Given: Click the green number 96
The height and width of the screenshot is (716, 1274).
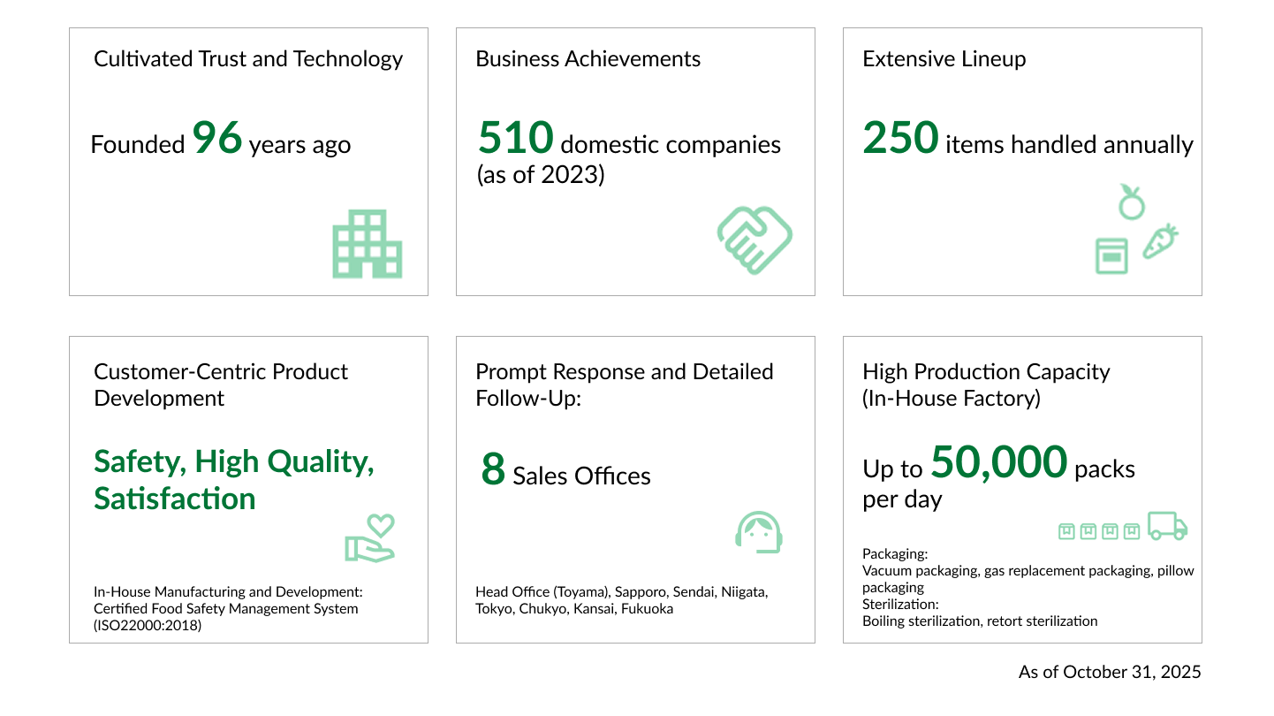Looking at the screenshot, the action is pos(217,137).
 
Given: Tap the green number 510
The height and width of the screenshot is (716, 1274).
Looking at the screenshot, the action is pos(515,137).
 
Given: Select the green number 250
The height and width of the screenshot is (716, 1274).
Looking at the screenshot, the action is pos(900,137).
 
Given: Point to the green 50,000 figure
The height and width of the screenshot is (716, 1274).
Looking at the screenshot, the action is pos(998,461).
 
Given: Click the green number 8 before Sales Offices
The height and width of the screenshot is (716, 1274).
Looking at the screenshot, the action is pos(493,469).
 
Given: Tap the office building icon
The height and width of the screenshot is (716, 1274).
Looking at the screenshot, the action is pos(368,244).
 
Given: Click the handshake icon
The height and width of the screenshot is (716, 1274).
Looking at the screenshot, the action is pos(755,240).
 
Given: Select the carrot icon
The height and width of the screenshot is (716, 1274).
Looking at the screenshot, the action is pos(1160,241).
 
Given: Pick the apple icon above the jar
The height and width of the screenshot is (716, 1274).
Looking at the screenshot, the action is pos(1131,202).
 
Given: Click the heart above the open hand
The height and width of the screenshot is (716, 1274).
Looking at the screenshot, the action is pos(381,525).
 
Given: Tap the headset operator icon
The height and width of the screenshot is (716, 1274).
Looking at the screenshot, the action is pos(759,532).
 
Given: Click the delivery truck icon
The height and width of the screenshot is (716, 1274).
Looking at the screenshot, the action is pos(1168,525).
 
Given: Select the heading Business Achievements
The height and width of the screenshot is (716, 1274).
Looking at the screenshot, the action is pos(588,58).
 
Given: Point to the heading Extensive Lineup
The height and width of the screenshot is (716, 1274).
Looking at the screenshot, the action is pos(944,58).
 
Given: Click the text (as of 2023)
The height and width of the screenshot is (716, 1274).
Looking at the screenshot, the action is pos(541,175).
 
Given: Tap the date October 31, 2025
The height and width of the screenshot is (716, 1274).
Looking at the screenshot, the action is pos(1132,672).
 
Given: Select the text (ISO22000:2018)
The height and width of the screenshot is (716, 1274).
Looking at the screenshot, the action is pos(148,626).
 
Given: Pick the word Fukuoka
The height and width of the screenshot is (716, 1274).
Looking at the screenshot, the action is pos(648,608).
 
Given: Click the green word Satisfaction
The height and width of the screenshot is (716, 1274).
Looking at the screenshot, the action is pos(175,499).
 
